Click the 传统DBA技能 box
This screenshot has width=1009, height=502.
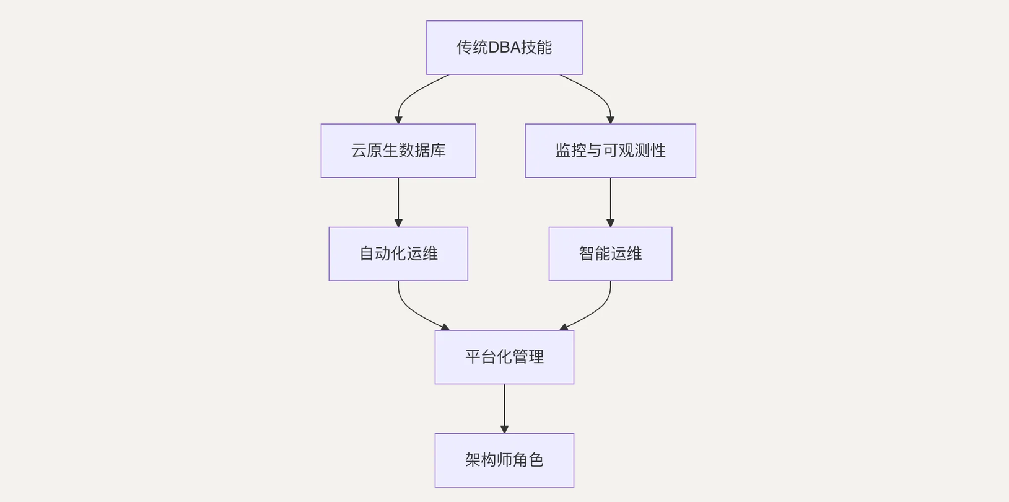[x=504, y=47]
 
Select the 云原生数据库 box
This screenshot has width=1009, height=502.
[x=398, y=151]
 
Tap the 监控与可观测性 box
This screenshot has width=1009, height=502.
[x=610, y=151]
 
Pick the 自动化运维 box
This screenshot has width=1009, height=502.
[x=398, y=253]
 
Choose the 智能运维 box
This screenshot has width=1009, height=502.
[x=610, y=253]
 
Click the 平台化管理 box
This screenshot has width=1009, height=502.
[x=504, y=357]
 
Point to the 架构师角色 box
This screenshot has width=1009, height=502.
[x=504, y=460]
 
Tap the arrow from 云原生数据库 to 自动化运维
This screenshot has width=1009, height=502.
[x=398, y=202]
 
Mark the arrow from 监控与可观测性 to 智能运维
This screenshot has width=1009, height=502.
[x=610, y=202]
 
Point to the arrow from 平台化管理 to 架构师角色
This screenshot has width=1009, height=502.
[x=504, y=408]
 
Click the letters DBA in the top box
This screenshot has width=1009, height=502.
[x=504, y=47]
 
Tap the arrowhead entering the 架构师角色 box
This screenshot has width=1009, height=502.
[x=504, y=429]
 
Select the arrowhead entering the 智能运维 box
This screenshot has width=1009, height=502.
[x=610, y=223]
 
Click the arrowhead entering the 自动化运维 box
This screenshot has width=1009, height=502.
[x=398, y=223]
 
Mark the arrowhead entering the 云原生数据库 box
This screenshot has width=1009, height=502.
[x=398, y=120]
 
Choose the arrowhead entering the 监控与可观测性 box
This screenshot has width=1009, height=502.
[x=610, y=120]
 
